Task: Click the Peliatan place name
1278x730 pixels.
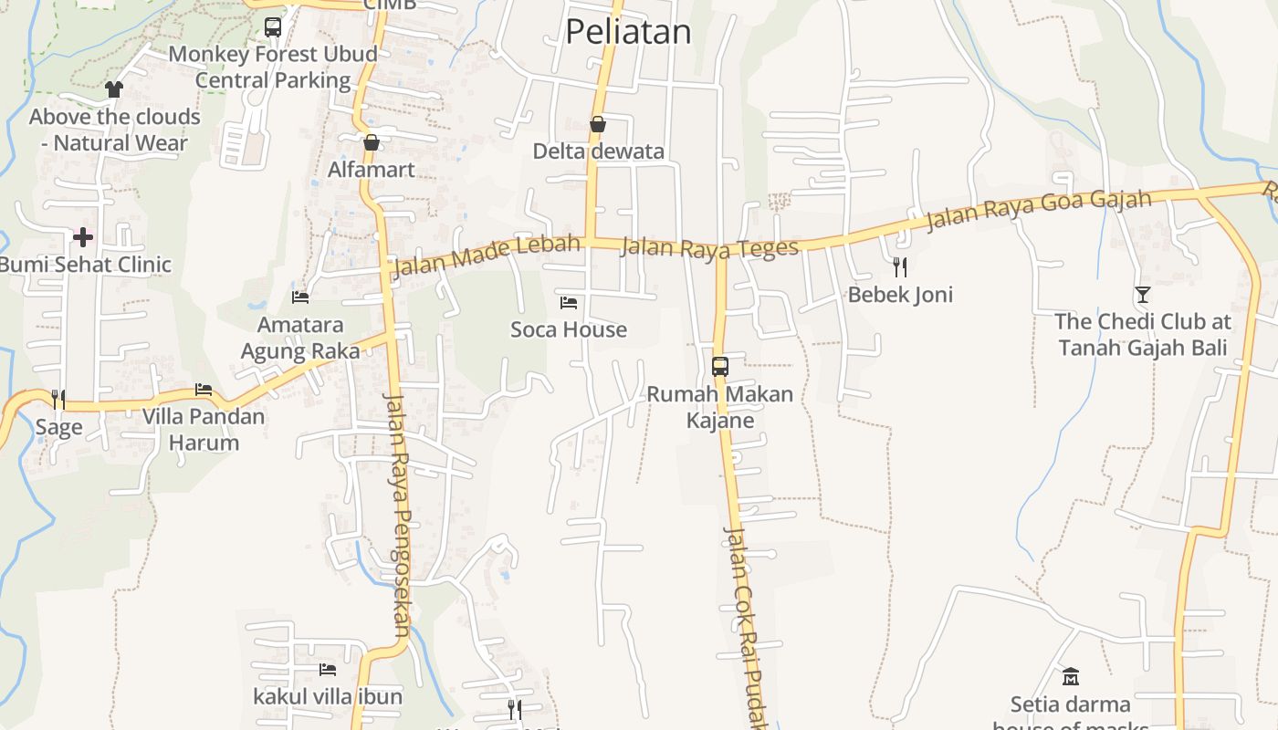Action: (x=628, y=32)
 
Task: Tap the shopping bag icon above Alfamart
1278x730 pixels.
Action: (x=371, y=142)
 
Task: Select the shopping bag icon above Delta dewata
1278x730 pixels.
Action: (x=598, y=124)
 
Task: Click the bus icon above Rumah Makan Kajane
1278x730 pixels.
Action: (x=719, y=367)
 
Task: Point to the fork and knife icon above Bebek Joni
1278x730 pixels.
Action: (x=900, y=266)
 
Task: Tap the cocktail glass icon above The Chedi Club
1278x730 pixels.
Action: (x=1142, y=294)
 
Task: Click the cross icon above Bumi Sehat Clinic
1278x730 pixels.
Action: (x=83, y=237)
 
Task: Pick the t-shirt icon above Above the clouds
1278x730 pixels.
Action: (x=113, y=89)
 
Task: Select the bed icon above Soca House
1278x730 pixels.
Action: (x=569, y=302)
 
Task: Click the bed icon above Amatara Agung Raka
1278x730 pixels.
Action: (x=300, y=297)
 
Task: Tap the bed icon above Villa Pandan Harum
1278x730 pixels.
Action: (x=204, y=390)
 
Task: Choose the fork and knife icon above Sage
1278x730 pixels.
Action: (x=58, y=399)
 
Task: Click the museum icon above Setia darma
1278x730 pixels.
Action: (x=1071, y=677)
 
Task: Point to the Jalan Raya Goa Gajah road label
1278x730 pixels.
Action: (x=1039, y=211)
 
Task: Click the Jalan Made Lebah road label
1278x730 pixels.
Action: (x=487, y=255)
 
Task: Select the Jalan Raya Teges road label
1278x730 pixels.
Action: (x=709, y=246)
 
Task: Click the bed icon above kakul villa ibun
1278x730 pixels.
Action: (x=328, y=670)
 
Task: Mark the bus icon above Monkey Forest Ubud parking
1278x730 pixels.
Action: (x=273, y=27)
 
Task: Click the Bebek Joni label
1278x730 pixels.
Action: (x=900, y=295)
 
